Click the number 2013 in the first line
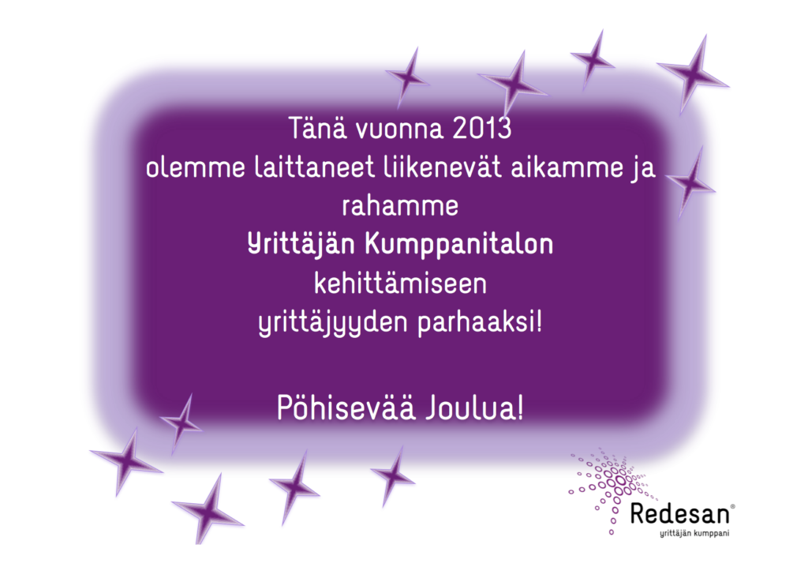click(x=482, y=128)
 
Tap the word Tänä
click(x=317, y=127)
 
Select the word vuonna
click(x=399, y=129)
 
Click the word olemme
click(x=196, y=167)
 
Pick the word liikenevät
click(x=443, y=167)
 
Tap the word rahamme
click(x=400, y=206)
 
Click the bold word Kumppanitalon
click(x=459, y=245)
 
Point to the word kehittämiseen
click(x=400, y=284)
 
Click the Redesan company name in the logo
click(x=679, y=514)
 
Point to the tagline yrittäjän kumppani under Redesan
click(x=694, y=533)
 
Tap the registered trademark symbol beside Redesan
click(x=733, y=507)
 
